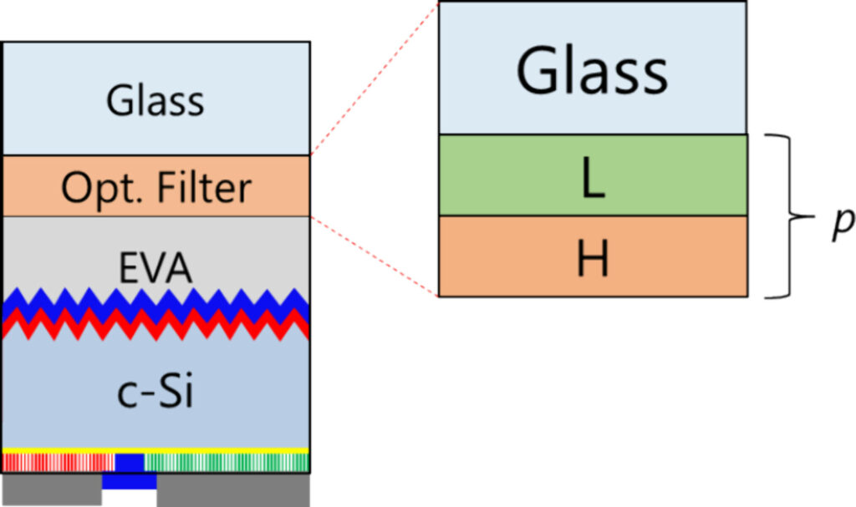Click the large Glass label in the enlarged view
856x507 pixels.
[592, 71]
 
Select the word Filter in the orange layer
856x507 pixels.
[204, 187]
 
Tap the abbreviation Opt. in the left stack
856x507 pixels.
[104, 189]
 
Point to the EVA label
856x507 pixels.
[155, 268]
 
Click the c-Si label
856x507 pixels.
[155, 393]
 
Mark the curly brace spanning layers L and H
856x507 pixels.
[789, 216]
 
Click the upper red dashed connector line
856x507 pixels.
[374, 78]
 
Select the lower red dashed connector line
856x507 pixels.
[374, 256]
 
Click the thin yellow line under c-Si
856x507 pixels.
[155, 451]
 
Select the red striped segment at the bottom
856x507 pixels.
[59, 463]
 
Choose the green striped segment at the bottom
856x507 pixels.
[227, 463]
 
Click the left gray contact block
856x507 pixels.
[52, 489]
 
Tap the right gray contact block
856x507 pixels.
[233, 489]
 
